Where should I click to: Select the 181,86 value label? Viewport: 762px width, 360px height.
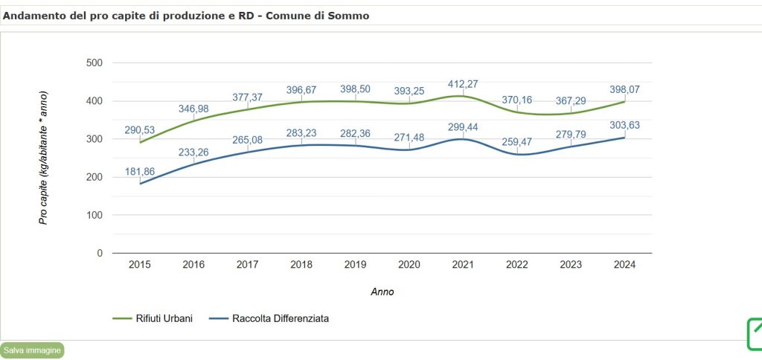(x=140, y=171)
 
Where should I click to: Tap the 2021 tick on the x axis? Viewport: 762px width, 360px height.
(x=463, y=264)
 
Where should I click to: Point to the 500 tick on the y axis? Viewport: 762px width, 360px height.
(x=94, y=62)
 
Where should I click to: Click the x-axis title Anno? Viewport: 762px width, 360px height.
(x=382, y=292)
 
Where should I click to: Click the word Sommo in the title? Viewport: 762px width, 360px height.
(x=349, y=15)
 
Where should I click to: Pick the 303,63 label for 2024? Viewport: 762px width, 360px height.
(x=624, y=125)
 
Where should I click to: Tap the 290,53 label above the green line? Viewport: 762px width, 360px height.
(x=140, y=129)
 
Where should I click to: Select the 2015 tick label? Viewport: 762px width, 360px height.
(x=140, y=264)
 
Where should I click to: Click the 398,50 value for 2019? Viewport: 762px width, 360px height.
(x=355, y=89)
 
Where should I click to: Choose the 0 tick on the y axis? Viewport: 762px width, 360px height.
(x=99, y=253)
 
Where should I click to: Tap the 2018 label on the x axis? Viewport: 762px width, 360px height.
(x=301, y=264)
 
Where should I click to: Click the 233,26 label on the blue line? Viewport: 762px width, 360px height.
(x=193, y=151)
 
